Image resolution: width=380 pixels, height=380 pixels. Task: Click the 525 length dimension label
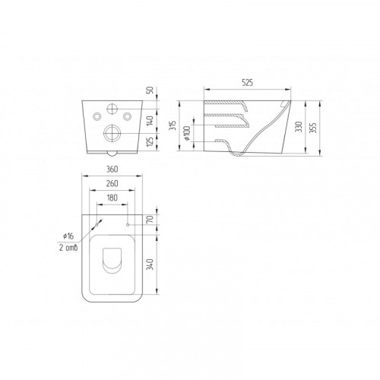(247, 83)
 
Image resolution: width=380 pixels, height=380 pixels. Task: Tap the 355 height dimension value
(313, 128)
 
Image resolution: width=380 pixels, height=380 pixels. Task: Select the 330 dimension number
(299, 127)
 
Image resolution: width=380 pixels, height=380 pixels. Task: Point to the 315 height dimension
(173, 125)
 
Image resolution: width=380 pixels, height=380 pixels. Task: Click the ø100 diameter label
(187, 133)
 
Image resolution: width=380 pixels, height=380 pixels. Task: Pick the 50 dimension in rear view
(150, 90)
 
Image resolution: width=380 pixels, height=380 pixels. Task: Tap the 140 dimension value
(150, 121)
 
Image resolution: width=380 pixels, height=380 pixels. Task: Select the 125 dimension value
(150, 141)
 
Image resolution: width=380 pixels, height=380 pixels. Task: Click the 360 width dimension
(112, 169)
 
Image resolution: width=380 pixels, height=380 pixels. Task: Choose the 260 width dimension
(112, 183)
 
